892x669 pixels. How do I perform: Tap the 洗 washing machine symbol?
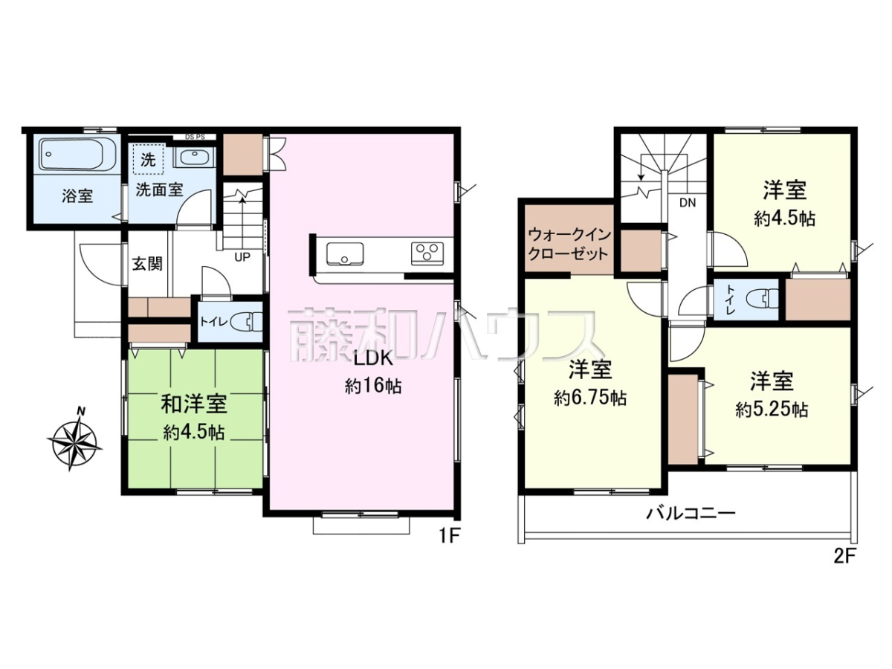(148, 160)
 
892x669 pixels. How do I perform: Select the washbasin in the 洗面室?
(193, 156)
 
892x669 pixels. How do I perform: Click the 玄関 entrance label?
(147, 264)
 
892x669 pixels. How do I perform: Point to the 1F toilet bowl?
(248, 322)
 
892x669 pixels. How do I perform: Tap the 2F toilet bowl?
(763, 300)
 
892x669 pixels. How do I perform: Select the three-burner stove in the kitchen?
(427, 253)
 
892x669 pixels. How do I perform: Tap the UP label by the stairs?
(242, 256)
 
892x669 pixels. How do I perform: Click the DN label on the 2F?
(688, 203)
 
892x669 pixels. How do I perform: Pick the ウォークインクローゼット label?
(569, 245)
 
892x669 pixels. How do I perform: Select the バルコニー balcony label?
(691, 514)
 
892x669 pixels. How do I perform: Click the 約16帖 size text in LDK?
(373, 386)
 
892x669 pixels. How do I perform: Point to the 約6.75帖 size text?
(590, 398)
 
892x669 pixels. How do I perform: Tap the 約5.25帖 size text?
(772, 410)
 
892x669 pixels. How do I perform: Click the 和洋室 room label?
(194, 404)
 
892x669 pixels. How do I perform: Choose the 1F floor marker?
(448, 537)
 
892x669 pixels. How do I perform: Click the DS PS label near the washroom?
(195, 137)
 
